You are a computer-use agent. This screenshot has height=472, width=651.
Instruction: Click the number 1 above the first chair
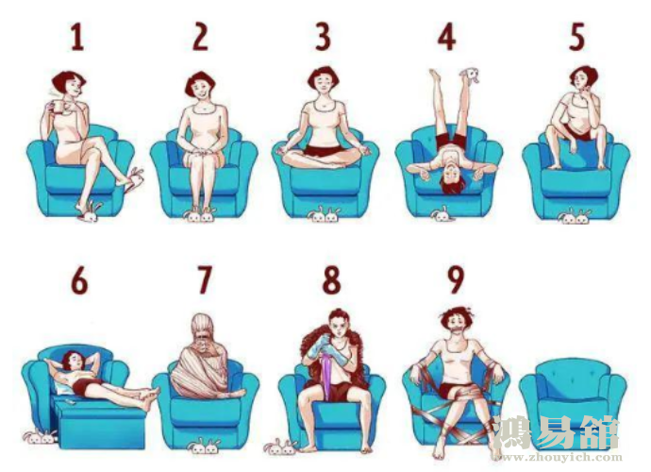click(x=77, y=37)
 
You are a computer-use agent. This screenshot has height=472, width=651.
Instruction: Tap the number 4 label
click(x=446, y=37)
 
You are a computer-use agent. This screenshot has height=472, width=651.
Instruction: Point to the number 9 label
click(x=456, y=279)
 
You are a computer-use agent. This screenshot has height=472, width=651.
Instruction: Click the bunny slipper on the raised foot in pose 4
click(x=469, y=75)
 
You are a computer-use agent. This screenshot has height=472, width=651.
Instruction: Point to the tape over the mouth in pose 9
click(x=456, y=331)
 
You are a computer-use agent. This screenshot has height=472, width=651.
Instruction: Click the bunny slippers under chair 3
click(x=324, y=214)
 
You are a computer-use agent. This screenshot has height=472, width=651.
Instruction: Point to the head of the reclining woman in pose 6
click(x=72, y=362)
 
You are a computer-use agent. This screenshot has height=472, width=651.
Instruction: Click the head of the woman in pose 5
click(x=583, y=79)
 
